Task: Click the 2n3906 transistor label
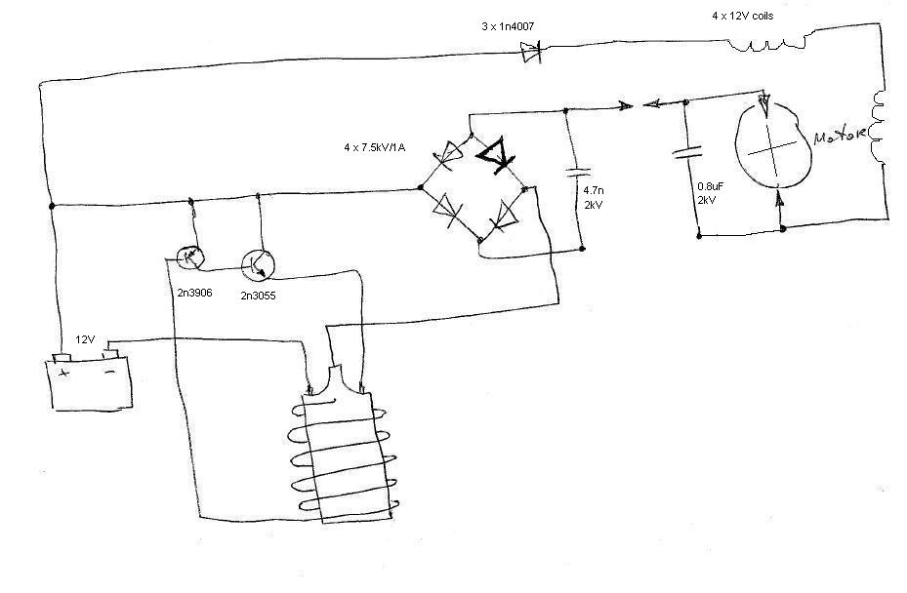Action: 195,293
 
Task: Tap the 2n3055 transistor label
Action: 258,296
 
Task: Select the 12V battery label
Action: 85,339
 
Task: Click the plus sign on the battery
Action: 64,373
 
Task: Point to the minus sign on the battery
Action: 109,373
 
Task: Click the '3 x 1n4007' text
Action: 508,26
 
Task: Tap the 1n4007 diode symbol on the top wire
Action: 530,53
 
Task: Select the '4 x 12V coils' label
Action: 743,17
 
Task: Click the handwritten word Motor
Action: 840,136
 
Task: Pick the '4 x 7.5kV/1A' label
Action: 375,148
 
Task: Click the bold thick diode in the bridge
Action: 495,154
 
